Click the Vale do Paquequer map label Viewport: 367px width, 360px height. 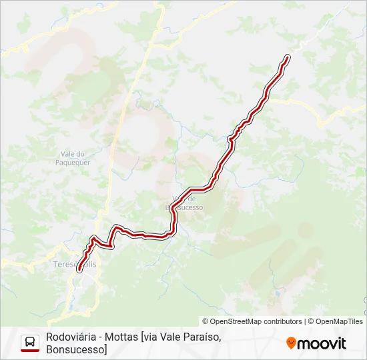71,157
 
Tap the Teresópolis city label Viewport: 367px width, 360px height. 75,265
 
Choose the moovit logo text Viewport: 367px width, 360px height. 322,343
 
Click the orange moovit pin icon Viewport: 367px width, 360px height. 291,343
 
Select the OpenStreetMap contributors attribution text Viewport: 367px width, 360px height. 252,321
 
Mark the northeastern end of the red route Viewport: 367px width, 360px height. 288,58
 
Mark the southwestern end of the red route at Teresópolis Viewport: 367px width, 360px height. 79,270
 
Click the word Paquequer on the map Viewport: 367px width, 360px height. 71,162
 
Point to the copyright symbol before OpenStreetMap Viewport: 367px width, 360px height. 206,321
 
